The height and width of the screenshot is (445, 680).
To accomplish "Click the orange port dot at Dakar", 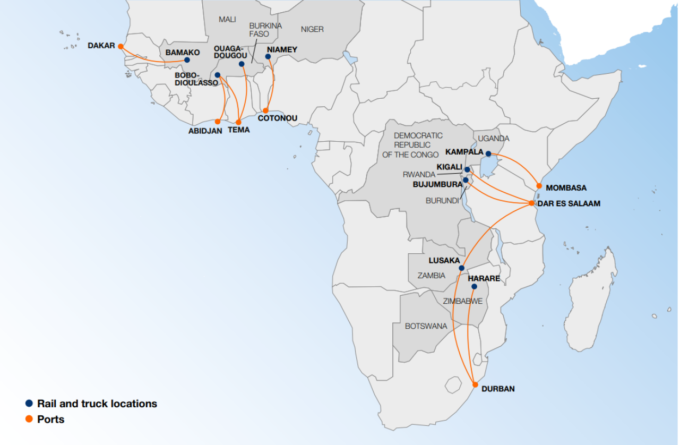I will (x=120, y=46).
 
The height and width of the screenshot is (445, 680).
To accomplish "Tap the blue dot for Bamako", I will (x=187, y=60).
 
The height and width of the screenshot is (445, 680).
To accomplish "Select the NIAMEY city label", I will (x=282, y=49).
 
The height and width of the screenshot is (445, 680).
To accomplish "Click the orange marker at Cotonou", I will (x=266, y=110).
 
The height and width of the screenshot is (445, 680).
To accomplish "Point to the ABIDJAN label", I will (x=205, y=131).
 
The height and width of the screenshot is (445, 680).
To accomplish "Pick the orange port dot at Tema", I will (x=239, y=122).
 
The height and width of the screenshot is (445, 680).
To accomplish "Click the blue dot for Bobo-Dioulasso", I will (x=218, y=75).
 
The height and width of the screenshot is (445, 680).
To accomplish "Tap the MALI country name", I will (x=227, y=20).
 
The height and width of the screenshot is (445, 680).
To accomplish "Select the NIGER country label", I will (x=312, y=29).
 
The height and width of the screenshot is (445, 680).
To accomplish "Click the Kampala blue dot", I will (x=488, y=153).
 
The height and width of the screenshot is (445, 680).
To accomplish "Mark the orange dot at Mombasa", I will (x=539, y=186).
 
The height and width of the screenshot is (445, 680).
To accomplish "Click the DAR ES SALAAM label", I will (x=569, y=203).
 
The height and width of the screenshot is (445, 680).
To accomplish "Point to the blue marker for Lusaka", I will (x=462, y=268).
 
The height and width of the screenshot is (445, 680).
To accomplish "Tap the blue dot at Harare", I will (x=474, y=287).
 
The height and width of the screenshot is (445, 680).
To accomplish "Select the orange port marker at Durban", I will (x=475, y=384).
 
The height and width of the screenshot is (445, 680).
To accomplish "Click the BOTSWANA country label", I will (x=426, y=326).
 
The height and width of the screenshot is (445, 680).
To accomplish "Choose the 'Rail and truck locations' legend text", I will (x=97, y=404).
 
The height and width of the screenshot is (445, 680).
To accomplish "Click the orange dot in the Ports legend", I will (x=29, y=419).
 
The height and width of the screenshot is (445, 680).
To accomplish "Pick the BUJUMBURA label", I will (x=437, y=185).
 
